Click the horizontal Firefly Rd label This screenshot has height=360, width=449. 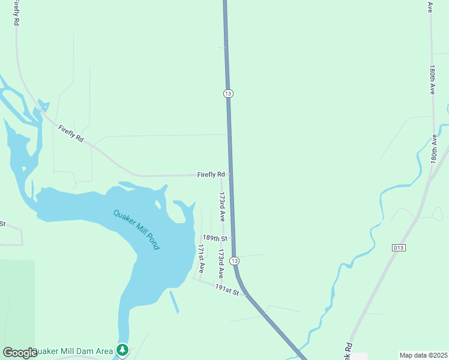pyautogui.click(x=211, y=175)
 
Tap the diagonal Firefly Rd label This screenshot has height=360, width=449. pyautogui.click(x=71, y=134)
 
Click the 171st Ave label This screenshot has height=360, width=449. pyautogui.click(x=202, y=257)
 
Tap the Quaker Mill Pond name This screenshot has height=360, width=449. pyautogui.click(x=137, y=229)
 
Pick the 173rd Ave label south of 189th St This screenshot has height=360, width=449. pyautogui.click(x=221, y=263)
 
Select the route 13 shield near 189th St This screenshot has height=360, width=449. pyautogui.click(x=234, y=261)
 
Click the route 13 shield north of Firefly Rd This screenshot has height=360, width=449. pyautogui.click(x=228, y=94)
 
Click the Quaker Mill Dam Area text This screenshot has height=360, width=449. pyautogui.click(x=73, y=351)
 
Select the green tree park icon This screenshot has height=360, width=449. pyautogui.click(x=122, y=349)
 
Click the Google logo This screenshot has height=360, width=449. pyautogui.click(x=20, y=353)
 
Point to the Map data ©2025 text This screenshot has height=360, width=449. pyautogui.click(x=423, y=355)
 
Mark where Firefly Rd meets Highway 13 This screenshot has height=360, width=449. pyautogui.click(x=230, y=175)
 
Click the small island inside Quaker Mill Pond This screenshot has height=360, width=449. pyautogui.click(x=158, y=202)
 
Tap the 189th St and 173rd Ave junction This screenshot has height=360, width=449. pyautogui.click(x=223, y=238)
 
